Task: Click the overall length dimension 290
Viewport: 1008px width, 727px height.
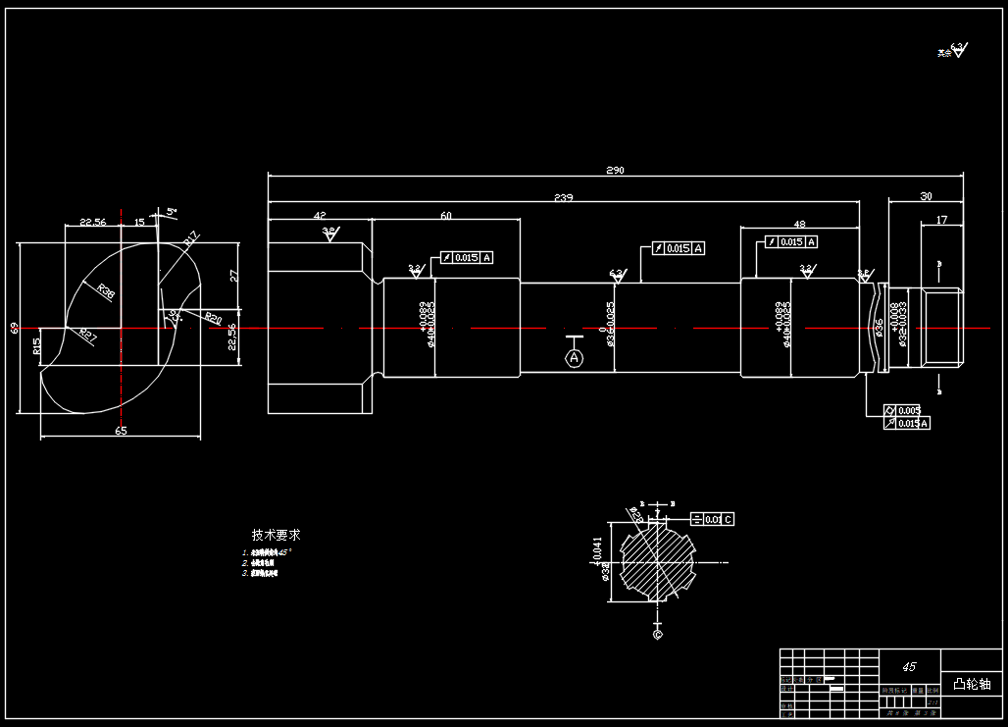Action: point(615,171)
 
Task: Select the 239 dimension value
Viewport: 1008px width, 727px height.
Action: point(563,198)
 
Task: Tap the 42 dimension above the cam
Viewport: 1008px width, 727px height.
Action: point(320,215)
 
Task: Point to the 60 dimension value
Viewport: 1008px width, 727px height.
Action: point(446,215)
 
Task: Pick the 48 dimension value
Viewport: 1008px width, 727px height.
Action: point(799,225)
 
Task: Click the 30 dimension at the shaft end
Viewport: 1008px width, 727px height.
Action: point(926,196)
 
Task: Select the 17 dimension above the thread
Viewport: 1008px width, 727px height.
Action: point(941,220)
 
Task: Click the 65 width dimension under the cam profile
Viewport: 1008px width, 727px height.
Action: point(121,431)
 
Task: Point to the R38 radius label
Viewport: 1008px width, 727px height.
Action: point(105,290)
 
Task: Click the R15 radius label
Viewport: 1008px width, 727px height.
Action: point(36,346)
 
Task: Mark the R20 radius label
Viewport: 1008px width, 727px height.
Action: point(212,318)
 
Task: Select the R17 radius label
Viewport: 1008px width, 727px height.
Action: point(191,236)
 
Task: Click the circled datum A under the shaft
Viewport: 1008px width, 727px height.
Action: point(575,359)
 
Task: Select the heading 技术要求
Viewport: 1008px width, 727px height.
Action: point(276,535)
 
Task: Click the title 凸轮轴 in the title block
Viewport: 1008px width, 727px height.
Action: point(972,683)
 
